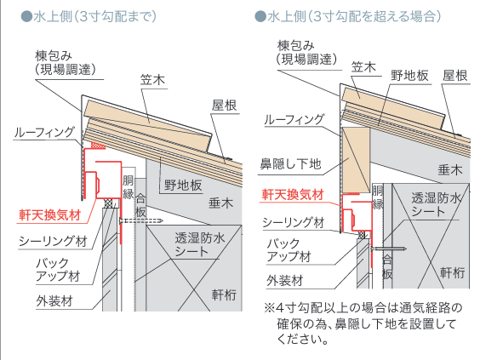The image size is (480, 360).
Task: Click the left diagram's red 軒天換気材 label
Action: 50,214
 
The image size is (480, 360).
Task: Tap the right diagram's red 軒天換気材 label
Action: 293,194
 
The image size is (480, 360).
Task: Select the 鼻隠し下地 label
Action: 291,163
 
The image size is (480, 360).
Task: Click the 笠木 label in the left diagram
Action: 152,80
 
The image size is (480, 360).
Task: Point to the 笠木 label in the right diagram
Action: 363,66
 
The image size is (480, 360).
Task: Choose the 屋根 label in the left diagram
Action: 225,106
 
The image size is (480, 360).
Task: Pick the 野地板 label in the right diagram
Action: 409,75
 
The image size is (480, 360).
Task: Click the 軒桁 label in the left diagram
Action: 224,294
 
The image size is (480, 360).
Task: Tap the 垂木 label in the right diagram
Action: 450,170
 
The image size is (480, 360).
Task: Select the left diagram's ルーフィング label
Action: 44,132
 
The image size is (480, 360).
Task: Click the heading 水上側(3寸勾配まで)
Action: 89,16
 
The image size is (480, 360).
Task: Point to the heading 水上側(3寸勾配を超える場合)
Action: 348,16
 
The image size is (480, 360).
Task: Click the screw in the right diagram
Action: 388,249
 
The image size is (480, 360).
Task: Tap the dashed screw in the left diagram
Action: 140,220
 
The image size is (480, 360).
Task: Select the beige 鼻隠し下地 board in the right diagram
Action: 356,160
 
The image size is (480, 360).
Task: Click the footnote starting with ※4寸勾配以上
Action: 363,323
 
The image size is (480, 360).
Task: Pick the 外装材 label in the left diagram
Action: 54,301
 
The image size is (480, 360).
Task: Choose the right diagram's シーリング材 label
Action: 294,222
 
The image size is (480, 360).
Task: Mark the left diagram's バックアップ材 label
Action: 58,270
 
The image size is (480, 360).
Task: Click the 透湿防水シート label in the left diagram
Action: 200,244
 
